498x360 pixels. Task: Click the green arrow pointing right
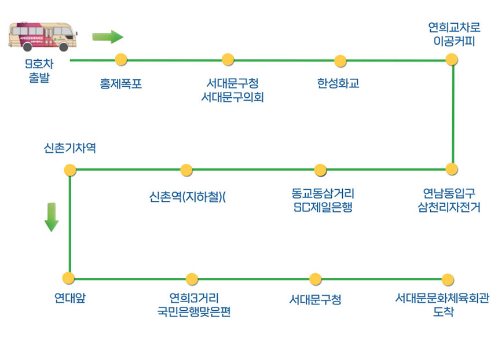[x=108, y=37]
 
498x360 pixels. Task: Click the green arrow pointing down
[x=52, y=217]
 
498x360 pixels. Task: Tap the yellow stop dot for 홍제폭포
[x=121, y=58]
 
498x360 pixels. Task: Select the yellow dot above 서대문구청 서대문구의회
[x=228, y=59]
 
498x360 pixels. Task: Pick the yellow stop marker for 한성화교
[x=340, y=61]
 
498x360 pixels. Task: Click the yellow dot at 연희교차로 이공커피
[x=452, y=59]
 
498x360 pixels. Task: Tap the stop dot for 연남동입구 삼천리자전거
[x=452, y=169]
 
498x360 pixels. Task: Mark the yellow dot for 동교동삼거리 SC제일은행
[x=321, y=170]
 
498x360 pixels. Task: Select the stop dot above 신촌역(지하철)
[x=186, y=170]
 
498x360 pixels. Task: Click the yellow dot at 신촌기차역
[x=70, y=170]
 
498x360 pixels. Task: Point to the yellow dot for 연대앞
[x=69, y=278]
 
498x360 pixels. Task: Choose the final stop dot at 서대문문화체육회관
[x=448, y=280]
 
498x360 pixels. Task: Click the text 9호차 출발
[x=39, y=71]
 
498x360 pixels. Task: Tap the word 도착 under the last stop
[x=443, y=312]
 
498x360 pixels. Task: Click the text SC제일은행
[x=323, y=207]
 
